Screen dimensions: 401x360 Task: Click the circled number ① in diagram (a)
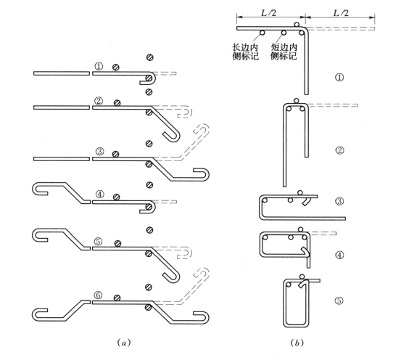coord(99,67)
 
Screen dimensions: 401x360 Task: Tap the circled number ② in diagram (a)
coord(99,101)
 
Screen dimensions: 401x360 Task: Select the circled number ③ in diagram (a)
coord(99,151)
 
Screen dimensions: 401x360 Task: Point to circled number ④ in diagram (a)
coord(99,195)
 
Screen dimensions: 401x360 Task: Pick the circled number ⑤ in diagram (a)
coord(98,242)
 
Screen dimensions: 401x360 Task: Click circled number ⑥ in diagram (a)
coord(98,295)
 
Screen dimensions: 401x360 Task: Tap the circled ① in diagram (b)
coord(339,78)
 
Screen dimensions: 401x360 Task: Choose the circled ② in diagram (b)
coord(339,150)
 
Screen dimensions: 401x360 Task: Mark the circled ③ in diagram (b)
coord(339,201)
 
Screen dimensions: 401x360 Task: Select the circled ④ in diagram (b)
coord(339,255)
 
